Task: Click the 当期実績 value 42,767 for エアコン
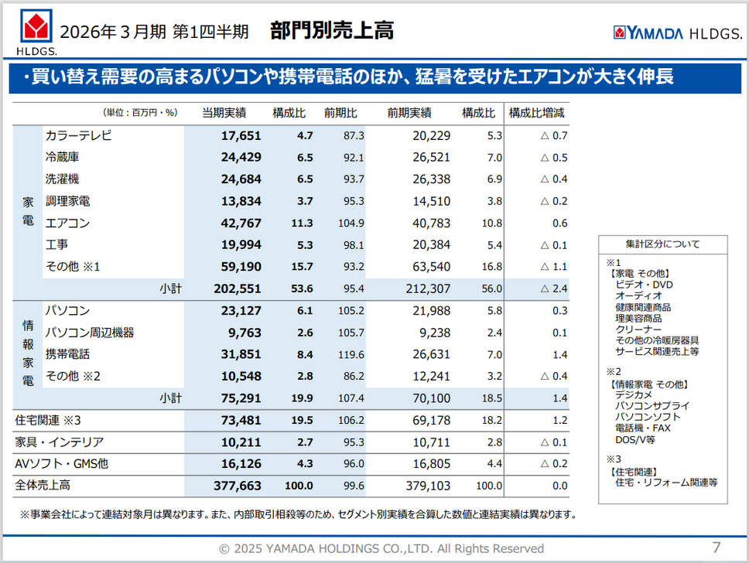(x=241, y=223)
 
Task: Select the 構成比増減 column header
(x=536, y=113)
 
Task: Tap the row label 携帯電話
(x=67, y=354)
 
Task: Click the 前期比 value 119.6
(x=351, y=354)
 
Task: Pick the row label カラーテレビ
(x=79, y=136)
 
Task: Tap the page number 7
(x=716, y=548)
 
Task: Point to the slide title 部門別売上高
(x=332, y=31)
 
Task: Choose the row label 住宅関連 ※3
(x=48, y=420)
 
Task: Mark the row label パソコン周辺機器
(x=90, y=333)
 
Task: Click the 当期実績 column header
(x=224, y=113)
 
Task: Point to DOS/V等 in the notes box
(x=634, y=439)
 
